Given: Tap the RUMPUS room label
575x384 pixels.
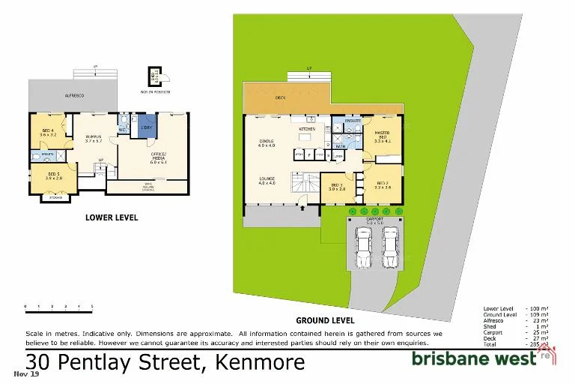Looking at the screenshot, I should click(93, 137).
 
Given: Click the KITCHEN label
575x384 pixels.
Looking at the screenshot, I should click(308, 130).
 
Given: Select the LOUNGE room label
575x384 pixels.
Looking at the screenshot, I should click(267, 180).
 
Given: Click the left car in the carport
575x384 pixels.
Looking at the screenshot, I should click(363, 247).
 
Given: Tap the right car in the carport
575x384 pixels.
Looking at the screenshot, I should click(389, 247).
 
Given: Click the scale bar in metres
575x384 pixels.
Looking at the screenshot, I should click(58, 306).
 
